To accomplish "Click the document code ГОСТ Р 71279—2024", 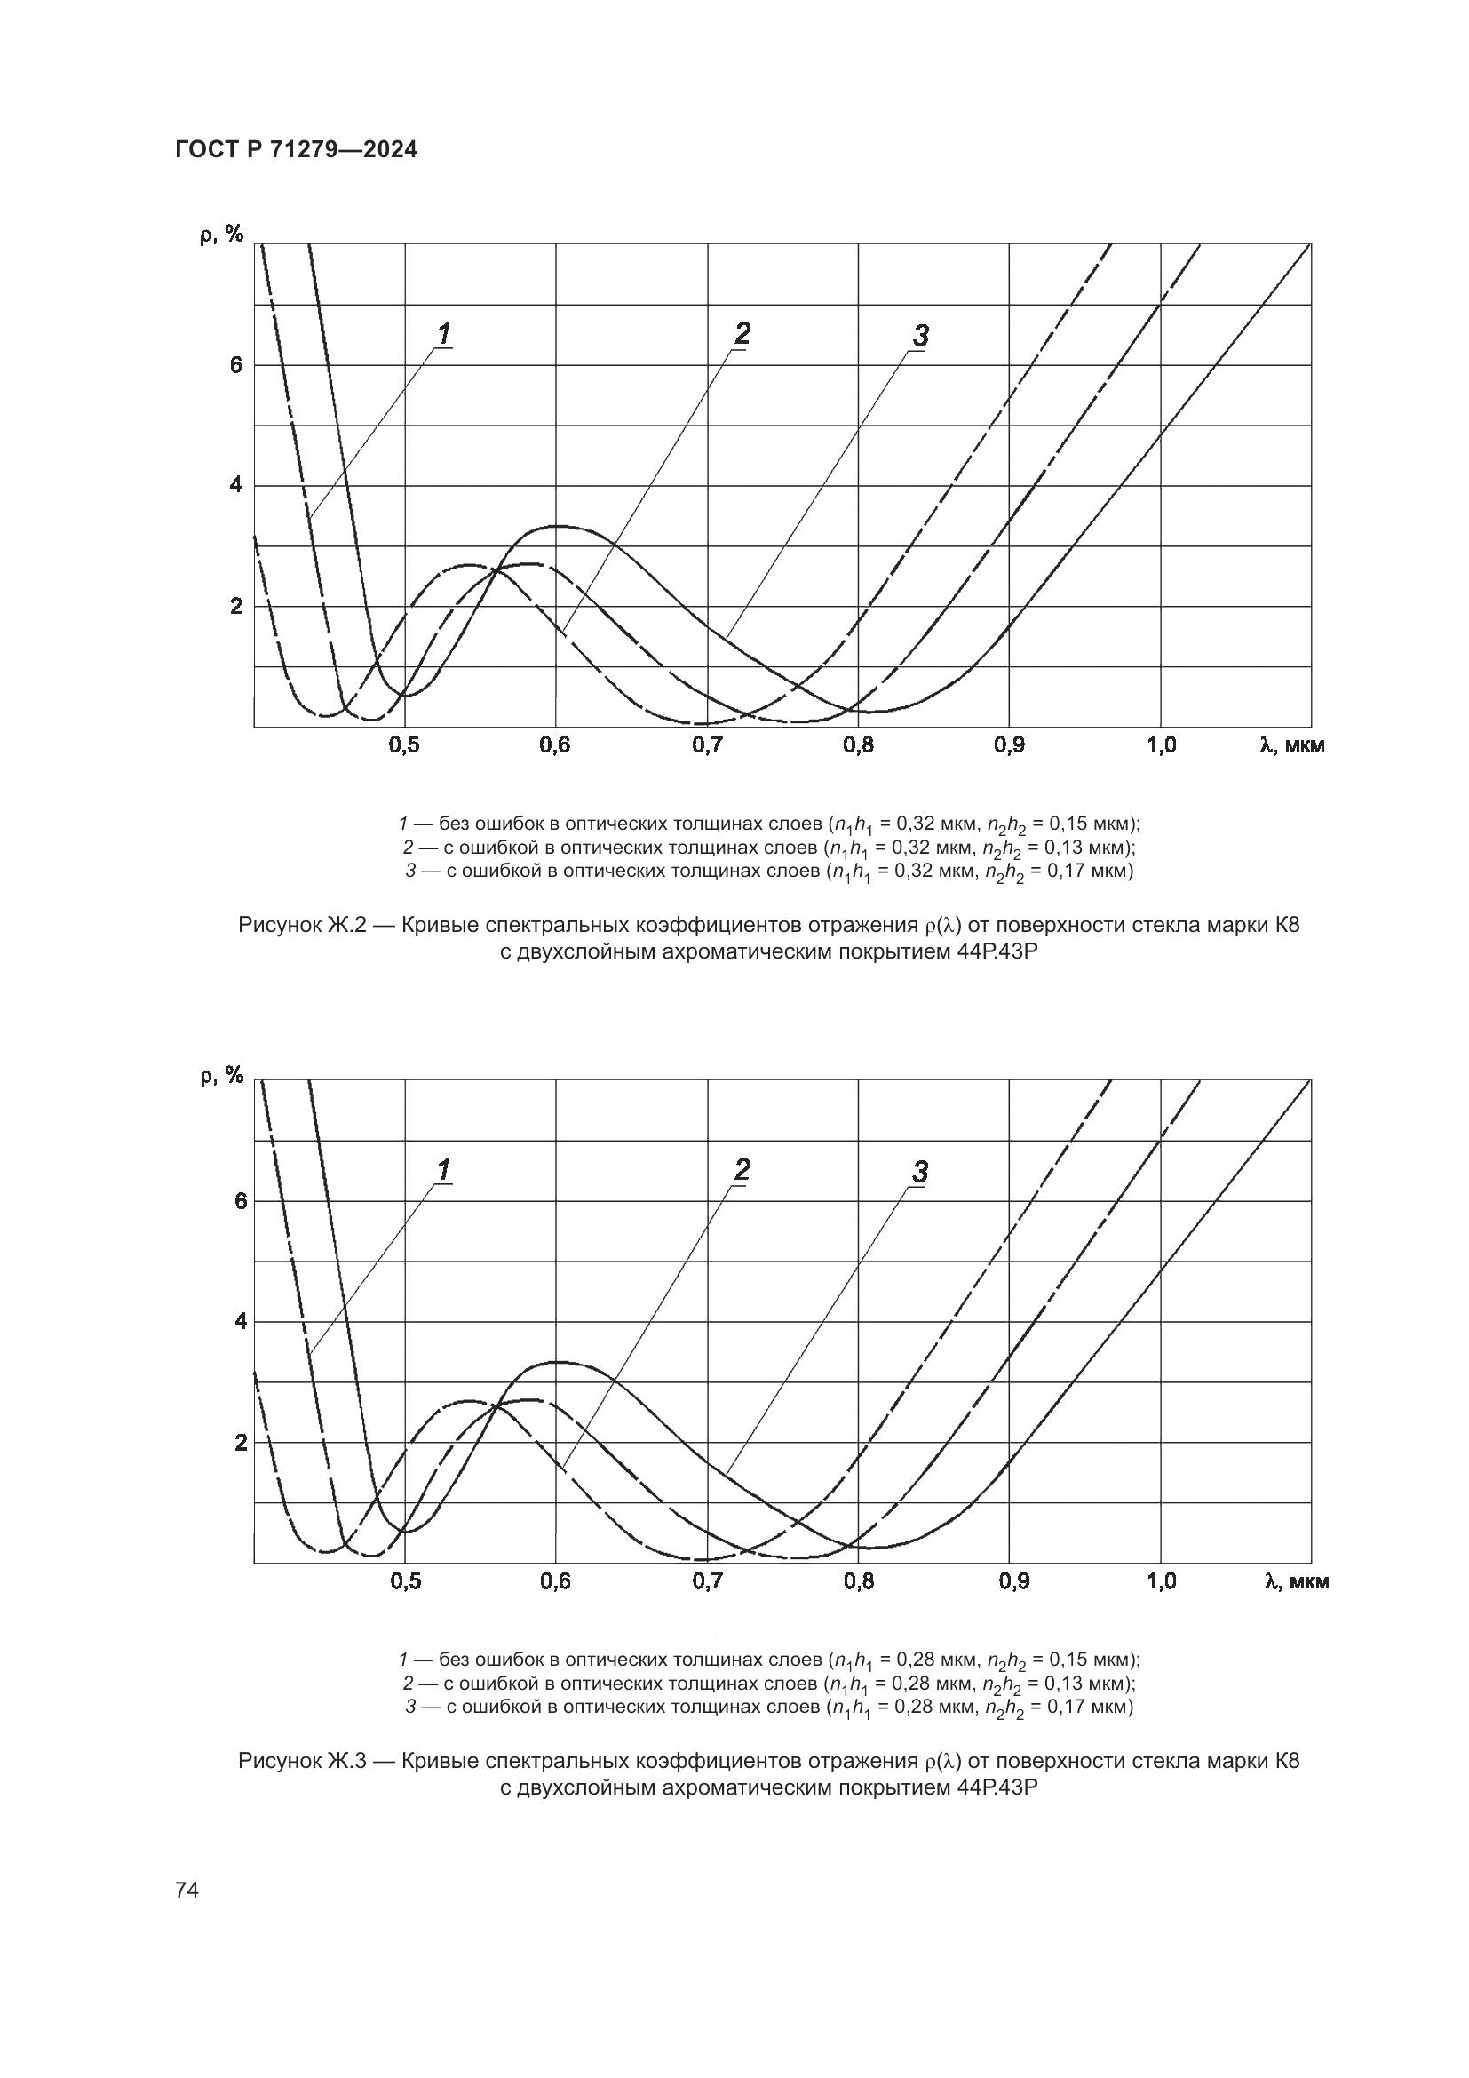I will (x=296, y=150).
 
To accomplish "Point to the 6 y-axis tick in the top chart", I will (x=236, y=366).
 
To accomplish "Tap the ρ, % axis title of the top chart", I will (x=222, y=235).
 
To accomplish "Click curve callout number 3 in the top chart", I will (x=920, y=337).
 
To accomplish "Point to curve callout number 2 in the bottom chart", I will (x=742, y=1170).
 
